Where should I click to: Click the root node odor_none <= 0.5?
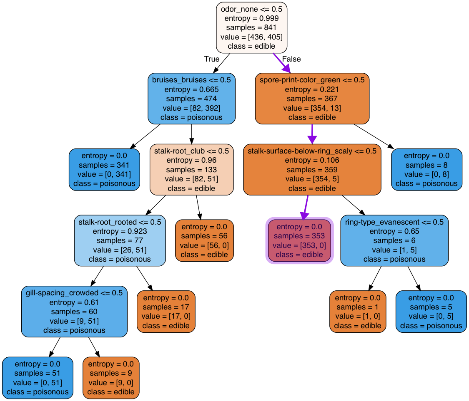coord(251,28)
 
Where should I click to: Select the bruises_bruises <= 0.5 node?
coord(191,99)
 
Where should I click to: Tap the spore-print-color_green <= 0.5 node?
coord(312,99)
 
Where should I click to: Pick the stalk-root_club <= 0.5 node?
coord(191,169)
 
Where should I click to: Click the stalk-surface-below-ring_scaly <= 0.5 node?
coord(312,169)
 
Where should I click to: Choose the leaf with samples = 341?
coord(104,169)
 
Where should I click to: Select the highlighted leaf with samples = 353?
coord(299,240)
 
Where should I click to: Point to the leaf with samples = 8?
coord(426,169)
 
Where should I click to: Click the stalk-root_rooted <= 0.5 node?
coord(120,240)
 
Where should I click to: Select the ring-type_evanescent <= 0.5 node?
coord(394,240)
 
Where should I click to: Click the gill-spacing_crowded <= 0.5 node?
coord(74,312)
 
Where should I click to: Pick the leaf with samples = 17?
coord(166,312)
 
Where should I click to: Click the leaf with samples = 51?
coord(38,378)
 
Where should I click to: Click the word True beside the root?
coord(212,59)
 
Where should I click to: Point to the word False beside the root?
coord(291,59)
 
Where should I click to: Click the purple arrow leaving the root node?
coord(281,63)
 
